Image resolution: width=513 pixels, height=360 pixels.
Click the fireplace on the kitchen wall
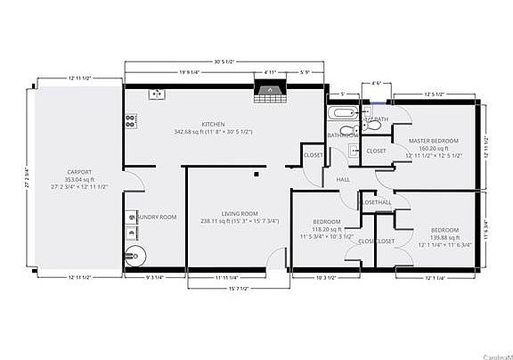[266, 89]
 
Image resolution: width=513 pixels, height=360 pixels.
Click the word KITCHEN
[213, 125]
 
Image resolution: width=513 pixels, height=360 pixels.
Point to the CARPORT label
[80, 172]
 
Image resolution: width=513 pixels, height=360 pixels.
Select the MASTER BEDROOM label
[434, 142]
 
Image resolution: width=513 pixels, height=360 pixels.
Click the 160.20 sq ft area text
[434, 149]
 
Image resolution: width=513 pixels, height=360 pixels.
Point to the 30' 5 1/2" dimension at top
[224, 62]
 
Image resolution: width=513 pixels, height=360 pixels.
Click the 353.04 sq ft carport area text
[80, 179]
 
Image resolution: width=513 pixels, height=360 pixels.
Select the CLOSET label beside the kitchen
[313, 156]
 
